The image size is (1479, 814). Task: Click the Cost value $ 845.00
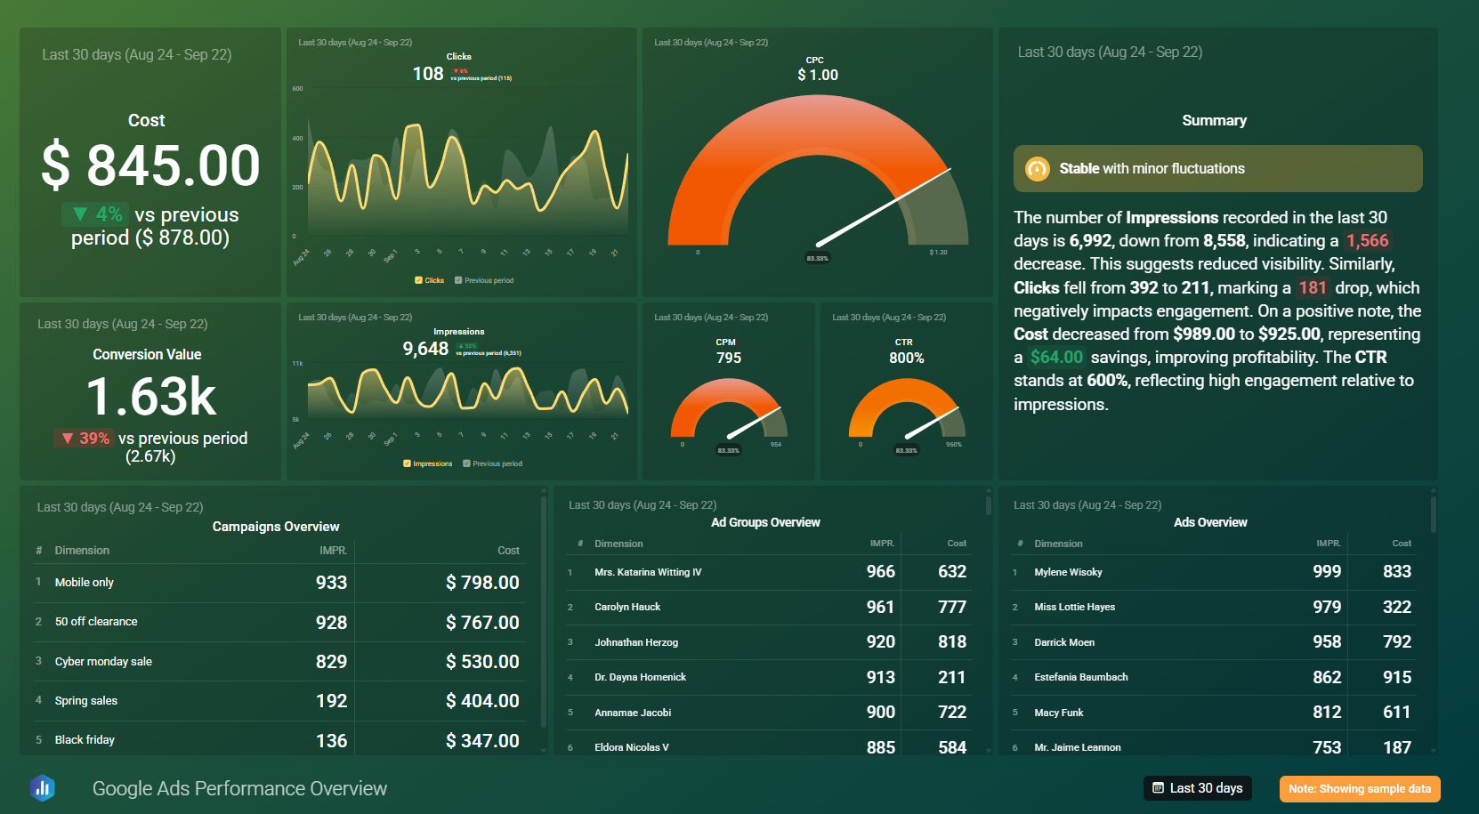point(150,166)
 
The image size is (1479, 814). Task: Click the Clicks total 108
point(427,74)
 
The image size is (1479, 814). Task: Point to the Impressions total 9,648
point(425,349)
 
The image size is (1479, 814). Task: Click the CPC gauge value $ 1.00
point(817,75)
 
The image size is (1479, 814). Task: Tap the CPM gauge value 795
point(728,358)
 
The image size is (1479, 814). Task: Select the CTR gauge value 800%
point(906,358)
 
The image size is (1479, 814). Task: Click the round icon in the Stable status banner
point(1037,168)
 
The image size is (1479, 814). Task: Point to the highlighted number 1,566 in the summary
point(1367,241)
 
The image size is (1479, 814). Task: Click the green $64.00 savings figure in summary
point(1056,358)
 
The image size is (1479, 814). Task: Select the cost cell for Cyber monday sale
point(482,662)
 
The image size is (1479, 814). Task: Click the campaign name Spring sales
point(86,701)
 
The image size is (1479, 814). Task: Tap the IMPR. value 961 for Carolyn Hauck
point(879,607)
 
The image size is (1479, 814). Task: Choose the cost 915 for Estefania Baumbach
point(1396,677)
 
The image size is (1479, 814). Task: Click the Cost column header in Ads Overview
point(1401,544)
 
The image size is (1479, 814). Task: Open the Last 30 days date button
point(1197,788)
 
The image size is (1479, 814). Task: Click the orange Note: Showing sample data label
point(1359,789)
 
